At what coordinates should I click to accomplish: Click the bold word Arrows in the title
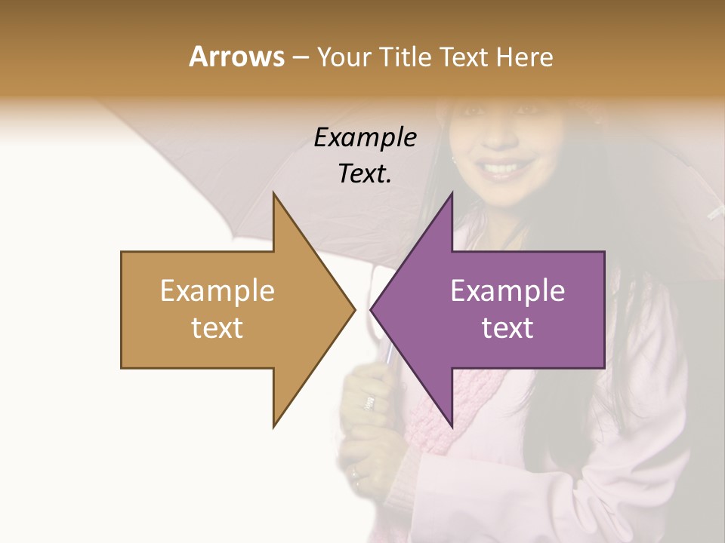236,57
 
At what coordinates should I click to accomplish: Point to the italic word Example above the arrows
365,137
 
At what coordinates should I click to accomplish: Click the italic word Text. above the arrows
365,173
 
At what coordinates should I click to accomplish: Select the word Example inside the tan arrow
217,290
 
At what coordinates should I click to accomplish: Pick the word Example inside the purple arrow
507,290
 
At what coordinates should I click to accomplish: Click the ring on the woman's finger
369,403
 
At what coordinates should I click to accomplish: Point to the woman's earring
455,160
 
